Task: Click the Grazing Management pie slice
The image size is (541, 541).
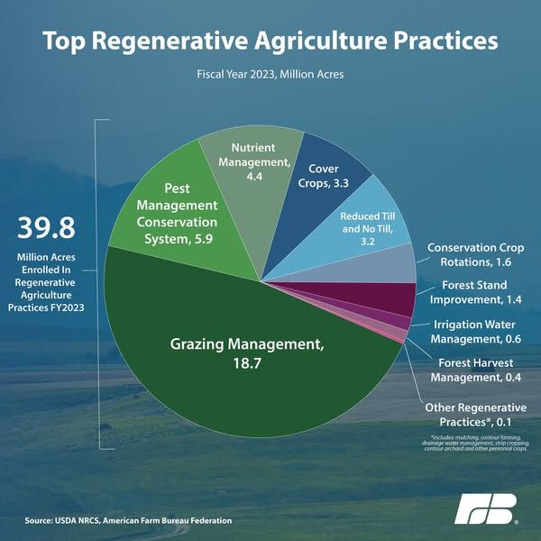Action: [x=242, y=362]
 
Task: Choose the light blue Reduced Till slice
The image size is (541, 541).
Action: [x=359, y=238]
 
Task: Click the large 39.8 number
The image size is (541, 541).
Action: [x=46, y=228]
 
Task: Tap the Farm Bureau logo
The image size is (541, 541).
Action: [x=485, y=509]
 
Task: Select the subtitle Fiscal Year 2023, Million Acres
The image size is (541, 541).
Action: [x=270, y=74]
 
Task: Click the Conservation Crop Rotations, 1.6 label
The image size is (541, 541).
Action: [x=475, y=254]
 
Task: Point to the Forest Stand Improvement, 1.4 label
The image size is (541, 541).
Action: [x=475, y=292]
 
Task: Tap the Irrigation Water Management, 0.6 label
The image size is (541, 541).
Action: [x=475, y=332]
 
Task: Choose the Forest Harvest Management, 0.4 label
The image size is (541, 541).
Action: [x=475, y=370]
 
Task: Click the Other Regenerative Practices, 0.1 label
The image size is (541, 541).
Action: [x=475, y=415]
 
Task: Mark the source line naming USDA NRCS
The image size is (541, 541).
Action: [x=128, y=520]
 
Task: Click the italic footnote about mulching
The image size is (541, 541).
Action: [x=475, y=443]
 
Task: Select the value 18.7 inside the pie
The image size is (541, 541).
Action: [x=247, y=363]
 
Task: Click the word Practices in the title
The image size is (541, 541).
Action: [x=445, y=41]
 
